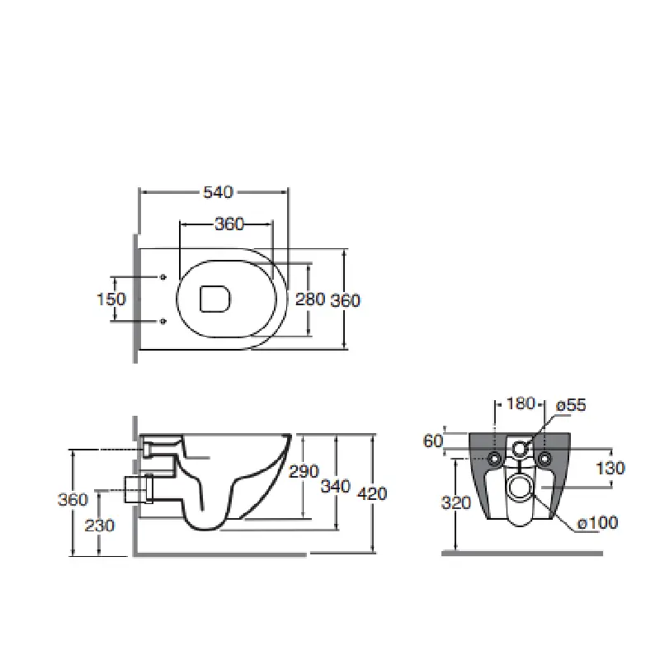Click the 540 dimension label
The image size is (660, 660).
(x=218, y=192)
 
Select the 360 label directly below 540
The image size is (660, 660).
(x=229, y=224)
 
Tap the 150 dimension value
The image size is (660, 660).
(x=111, y=299)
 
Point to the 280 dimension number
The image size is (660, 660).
(x=310, y=299)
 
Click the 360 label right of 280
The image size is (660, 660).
(x=345, y=300)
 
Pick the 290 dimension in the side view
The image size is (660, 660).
(x=304, y=471)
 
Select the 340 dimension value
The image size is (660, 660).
(x=336, y=486)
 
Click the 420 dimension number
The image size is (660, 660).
(x=372, y=493)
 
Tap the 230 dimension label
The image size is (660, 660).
(x=99, y=526)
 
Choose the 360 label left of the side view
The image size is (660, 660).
(x=73, y=500)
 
